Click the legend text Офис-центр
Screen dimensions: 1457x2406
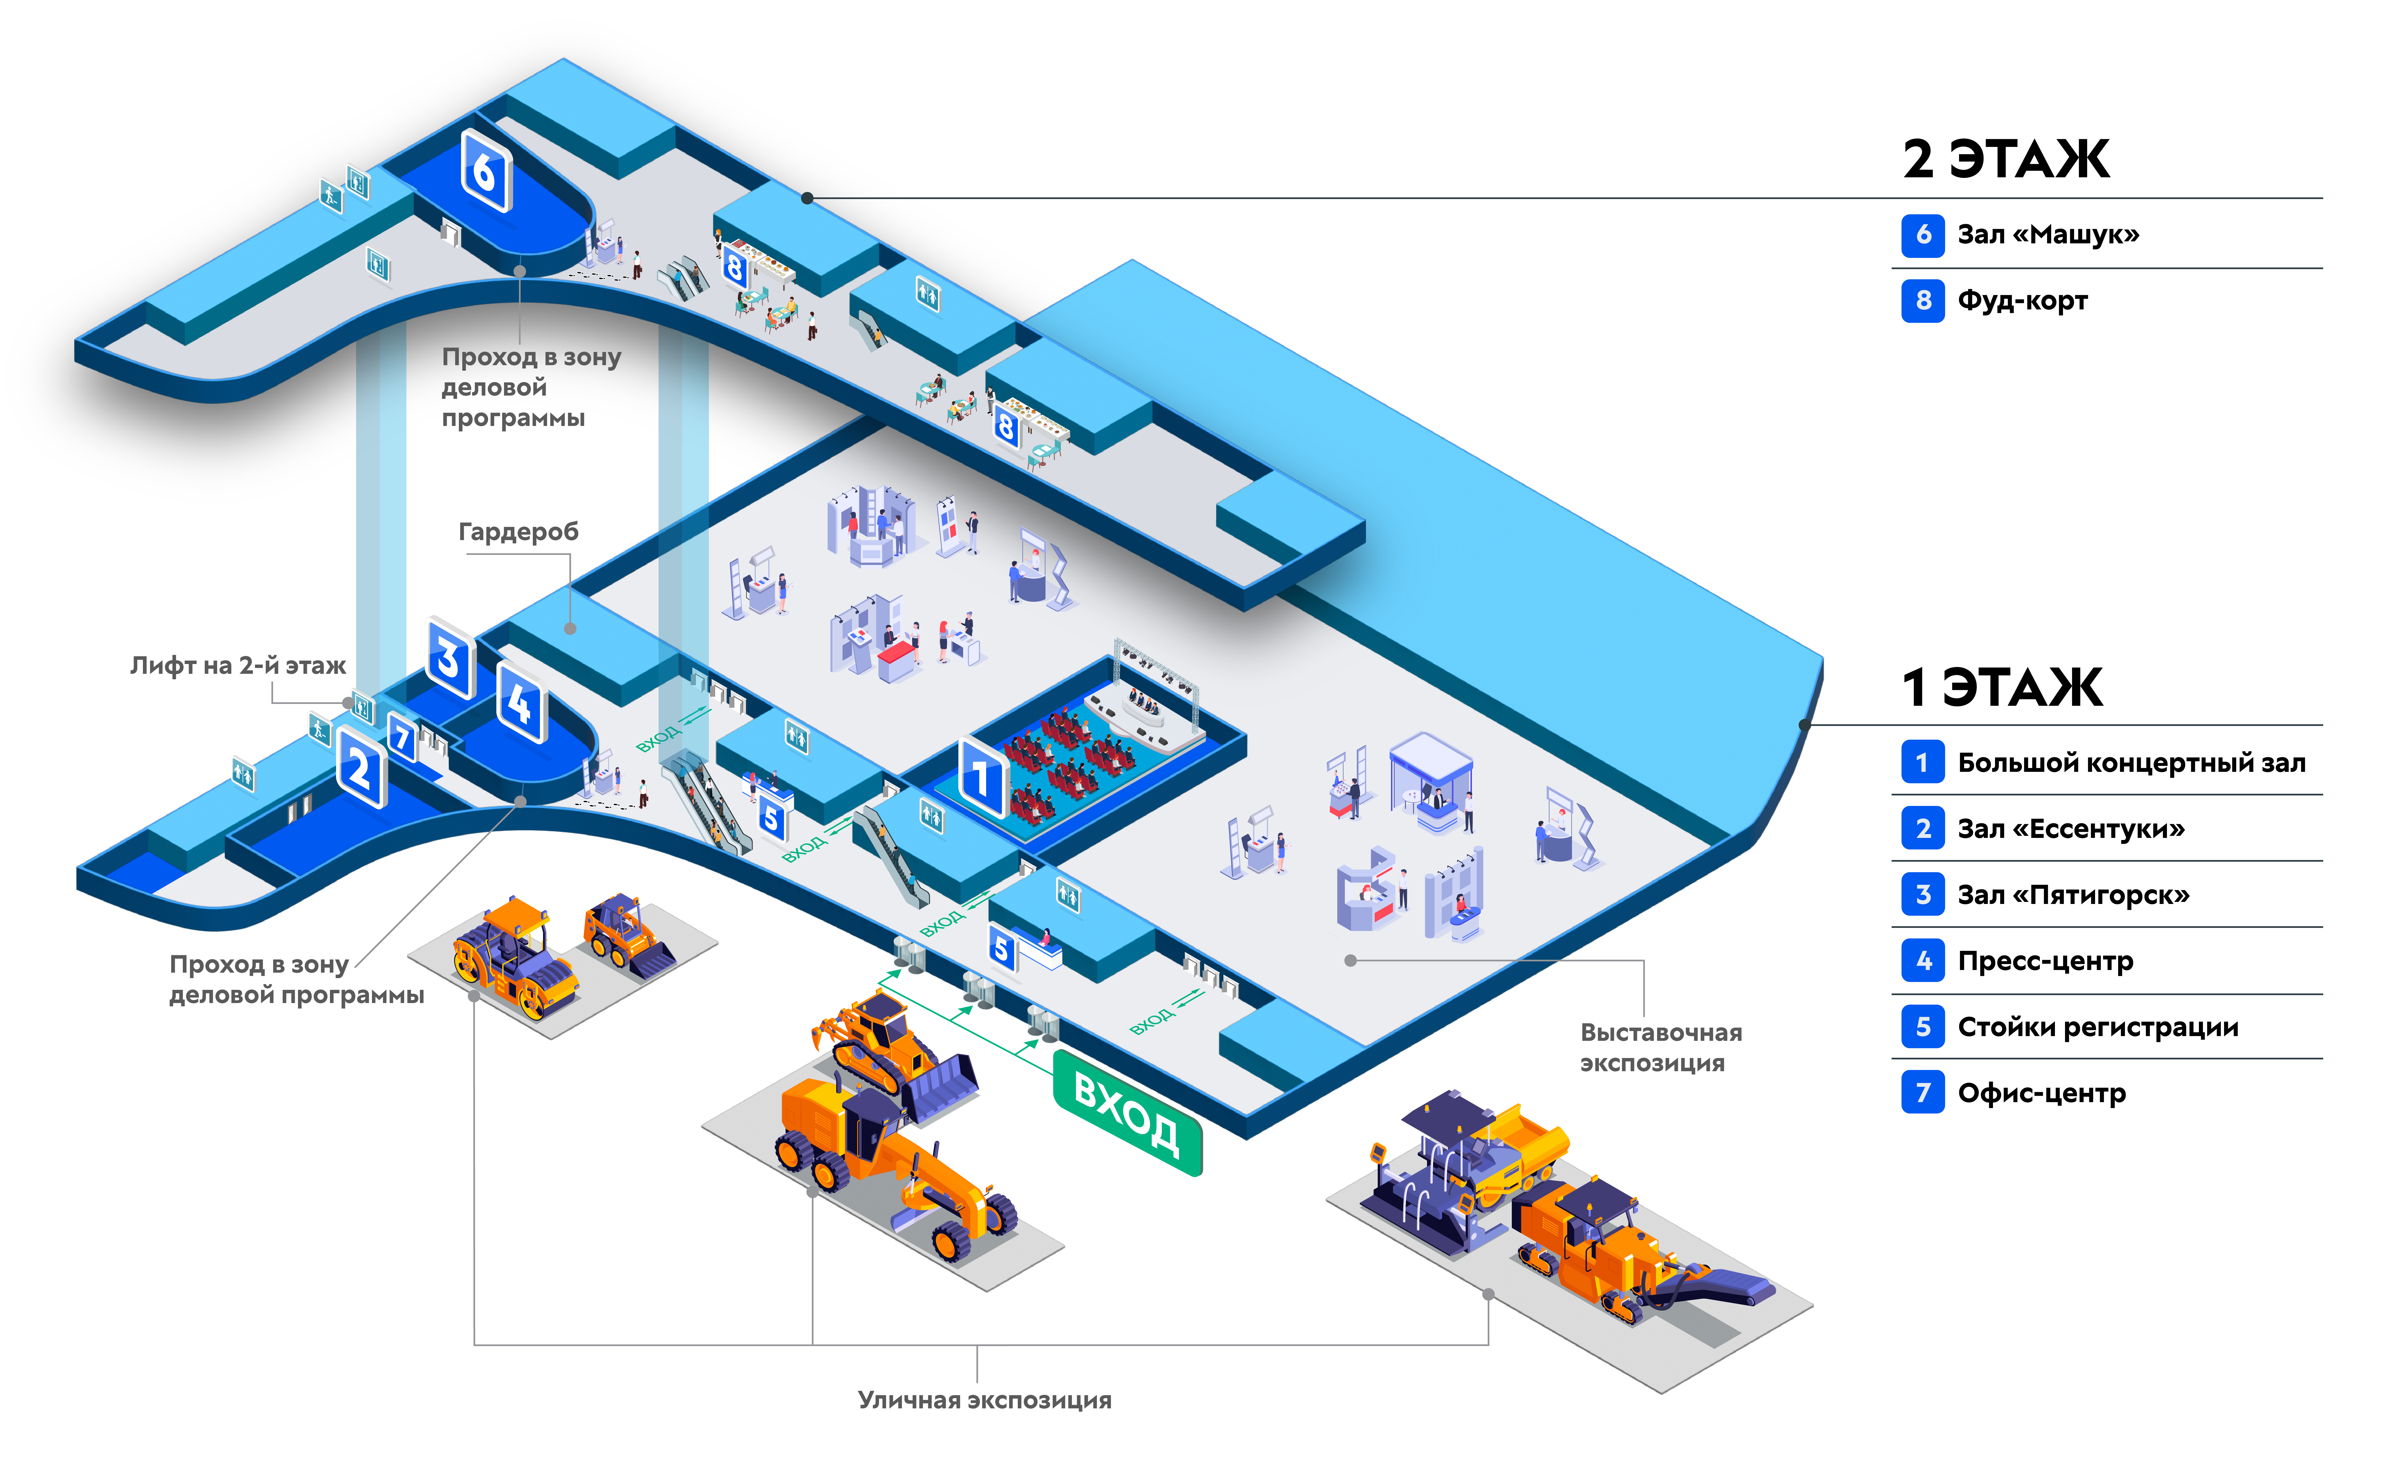[x=2041, y=1093]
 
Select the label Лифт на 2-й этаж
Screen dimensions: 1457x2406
[x=238, y=666]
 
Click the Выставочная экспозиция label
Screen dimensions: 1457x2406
[x=1660, y=1047]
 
